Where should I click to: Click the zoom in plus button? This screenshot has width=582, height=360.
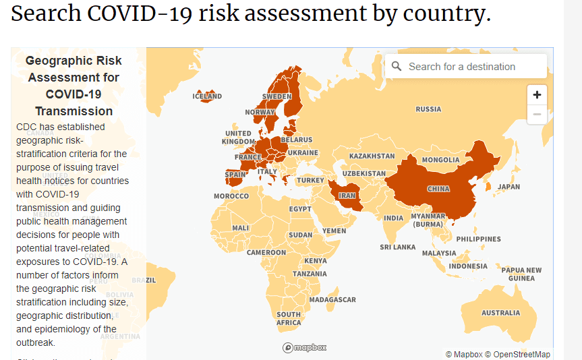pyautogui.click(x=537, y=95)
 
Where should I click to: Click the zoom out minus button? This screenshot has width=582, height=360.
pyautogui.click(x=537, y=115)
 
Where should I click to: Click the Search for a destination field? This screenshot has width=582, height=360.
pyautogui.click(x=472, y=67)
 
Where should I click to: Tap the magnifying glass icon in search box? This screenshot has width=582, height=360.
pyautogui.click(x=396, y=67)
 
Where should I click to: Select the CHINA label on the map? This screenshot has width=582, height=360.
pyautogui.click(x=438, y=189)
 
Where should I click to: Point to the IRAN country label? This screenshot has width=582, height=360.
pyautogui.click(x=347, y=196)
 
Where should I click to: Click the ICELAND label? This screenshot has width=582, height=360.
pyautogui.click(x=207, y=96)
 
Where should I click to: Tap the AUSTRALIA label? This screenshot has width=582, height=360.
pyautogui.click(x=500, y=313)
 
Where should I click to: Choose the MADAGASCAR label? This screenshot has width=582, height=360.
pyautogui.click(x=332, y=299)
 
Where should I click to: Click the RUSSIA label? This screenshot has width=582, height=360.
pyautogui.click(x=428, y=109)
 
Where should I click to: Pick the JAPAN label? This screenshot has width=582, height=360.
pyautogui.click(x=508, y=187)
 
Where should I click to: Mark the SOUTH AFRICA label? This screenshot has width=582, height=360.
pyautogui.click(x=289, y=319)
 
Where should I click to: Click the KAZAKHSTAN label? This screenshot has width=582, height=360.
pyautogui.click(x=372, y=156)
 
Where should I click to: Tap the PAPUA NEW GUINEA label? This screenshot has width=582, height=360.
pyautogui.click(x=521, y=274)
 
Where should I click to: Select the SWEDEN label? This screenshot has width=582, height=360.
pyautogui.click(x=277, y=96)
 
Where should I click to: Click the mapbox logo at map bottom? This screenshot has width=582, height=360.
pyautogui.click(x=305, y=348)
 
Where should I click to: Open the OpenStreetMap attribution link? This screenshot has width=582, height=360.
pyautogui.click(x=521, y=355)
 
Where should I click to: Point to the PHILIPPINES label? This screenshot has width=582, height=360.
pyautogui.click(x=478, y=239)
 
